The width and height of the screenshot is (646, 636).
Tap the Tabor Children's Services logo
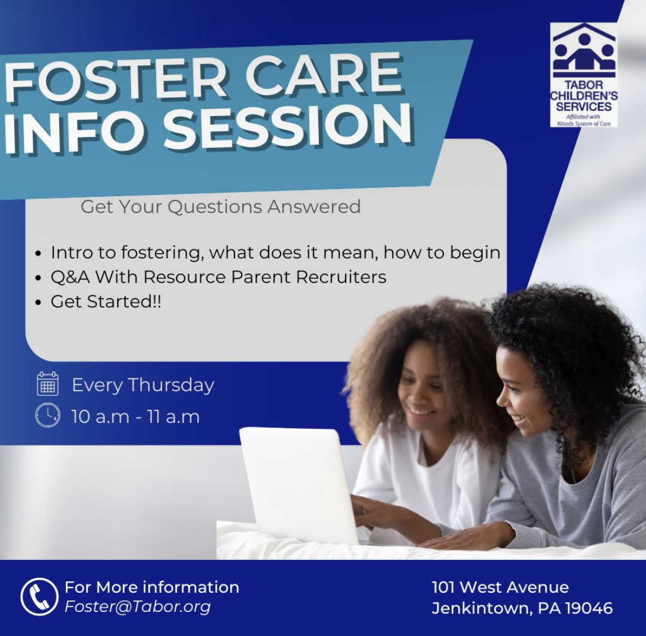584,75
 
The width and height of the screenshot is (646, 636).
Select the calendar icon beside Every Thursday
48,383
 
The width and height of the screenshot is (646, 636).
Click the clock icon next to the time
48,415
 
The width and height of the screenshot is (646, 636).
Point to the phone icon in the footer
39,597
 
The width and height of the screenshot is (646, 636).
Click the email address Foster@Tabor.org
138,606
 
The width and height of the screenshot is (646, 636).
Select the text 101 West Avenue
500,587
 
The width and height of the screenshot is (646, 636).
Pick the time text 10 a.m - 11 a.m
135,416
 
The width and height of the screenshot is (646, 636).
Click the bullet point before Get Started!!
39,302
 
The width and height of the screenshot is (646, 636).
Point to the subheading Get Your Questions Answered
220,207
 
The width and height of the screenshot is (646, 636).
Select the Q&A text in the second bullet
70,277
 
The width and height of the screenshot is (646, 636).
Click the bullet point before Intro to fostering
39,253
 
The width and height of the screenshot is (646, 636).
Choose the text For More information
152,587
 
